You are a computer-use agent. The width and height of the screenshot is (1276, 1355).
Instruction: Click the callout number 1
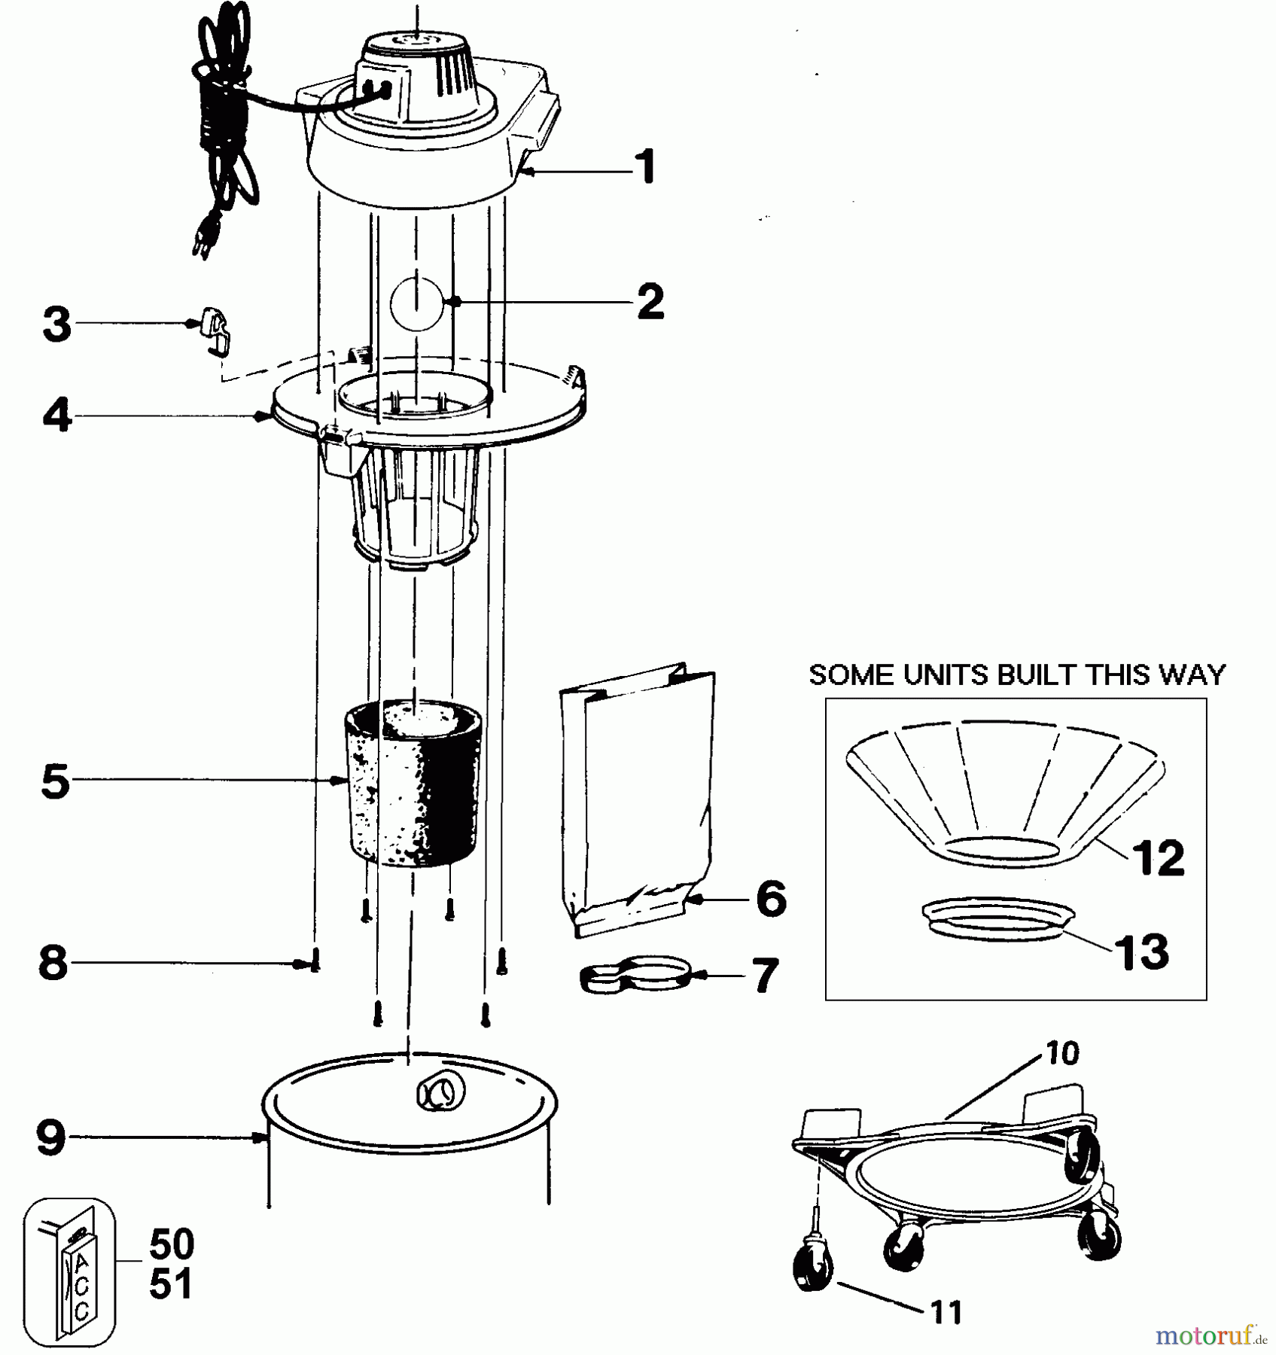pos(644,167)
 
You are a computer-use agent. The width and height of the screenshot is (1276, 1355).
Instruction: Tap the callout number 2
pos(650,301)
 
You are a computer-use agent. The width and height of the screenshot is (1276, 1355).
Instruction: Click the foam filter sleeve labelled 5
pos(413,783)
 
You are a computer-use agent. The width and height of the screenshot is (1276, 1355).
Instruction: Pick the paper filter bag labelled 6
pos(636,798)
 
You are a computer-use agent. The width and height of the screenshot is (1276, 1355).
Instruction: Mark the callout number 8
pos(53,963)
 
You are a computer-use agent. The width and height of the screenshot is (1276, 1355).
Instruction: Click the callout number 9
pos(52,1138)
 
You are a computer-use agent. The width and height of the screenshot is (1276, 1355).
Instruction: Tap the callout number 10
pos(1062,1054)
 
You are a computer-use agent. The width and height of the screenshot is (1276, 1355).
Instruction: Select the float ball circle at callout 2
pos(416,303)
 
